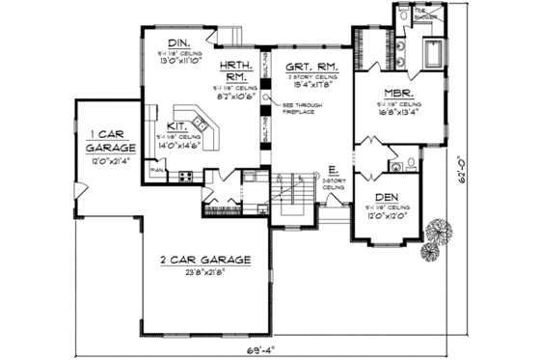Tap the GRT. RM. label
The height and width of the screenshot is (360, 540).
pyautogui.click(x=306, y=69)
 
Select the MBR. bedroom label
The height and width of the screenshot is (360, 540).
pyautogui.click(x=393, y=93)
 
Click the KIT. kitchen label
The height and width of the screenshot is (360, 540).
pyautogui.click(x=176, y=125)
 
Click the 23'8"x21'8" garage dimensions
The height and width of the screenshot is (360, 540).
pyautogui.click(x=201, y=273)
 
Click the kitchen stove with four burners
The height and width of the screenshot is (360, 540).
pyautogui.click(x=184, y=177)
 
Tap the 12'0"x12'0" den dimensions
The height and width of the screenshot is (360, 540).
pyautogui.click(x=388, y=216)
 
